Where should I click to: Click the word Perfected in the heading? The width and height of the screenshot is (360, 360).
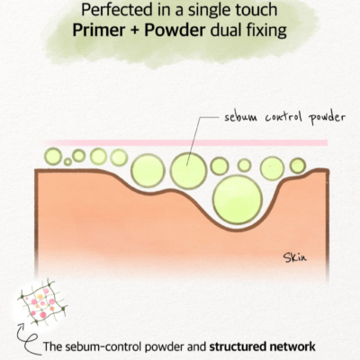click(x=117, y=10)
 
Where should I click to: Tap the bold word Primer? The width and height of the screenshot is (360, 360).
click(x=99, y=31)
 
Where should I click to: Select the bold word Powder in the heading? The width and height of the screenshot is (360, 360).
click(x=175, y=30)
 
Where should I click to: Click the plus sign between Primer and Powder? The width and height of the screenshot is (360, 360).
click(x=135, y=31)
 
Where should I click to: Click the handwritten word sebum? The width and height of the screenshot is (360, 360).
click(x=240, y=117)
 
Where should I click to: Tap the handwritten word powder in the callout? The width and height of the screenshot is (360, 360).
click(x=327, y=117)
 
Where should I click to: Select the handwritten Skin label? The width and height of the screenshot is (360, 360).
click(x=295, y=257)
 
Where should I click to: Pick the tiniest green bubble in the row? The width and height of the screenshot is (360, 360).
click(x=67, y=162)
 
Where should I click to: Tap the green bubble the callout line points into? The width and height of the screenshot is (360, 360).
click(x=188, y=171)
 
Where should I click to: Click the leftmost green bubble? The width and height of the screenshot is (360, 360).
click(x=53, y=157)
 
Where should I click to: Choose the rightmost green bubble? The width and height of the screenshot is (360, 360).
click(x=298, y=166)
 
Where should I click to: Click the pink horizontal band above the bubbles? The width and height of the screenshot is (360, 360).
click(x=185, y=143)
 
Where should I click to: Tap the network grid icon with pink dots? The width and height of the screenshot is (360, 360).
click(x=42, y=302)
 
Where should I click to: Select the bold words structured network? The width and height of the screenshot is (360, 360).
click(x=263, y=346)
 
